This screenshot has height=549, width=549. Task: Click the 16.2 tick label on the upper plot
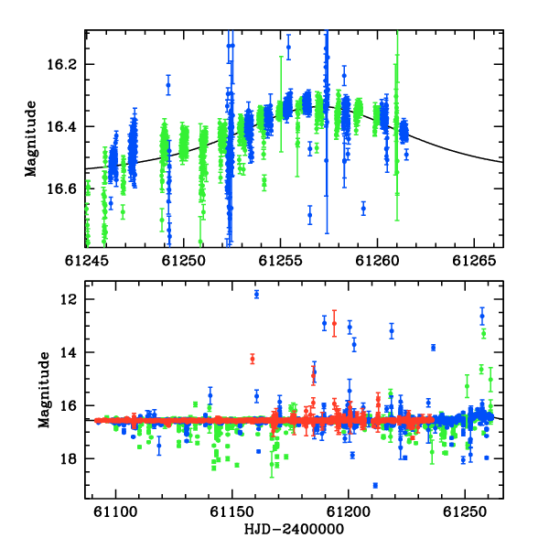[x=61, y=65]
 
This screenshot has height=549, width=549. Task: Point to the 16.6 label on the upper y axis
[x=61, y=189]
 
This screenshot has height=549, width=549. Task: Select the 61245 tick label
[x=87, y=261]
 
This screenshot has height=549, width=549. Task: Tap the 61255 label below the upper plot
[x=280, y=261]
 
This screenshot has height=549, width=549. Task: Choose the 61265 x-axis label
[x=474, y=261]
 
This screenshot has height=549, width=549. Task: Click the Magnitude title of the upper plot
[x=31, y=139]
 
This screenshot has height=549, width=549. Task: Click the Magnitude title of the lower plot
[x=44, y=390]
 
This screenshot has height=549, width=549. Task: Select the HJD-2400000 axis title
[x=294, y=529]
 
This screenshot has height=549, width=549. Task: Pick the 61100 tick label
[x=115, y=512]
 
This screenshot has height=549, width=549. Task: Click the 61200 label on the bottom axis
[x=349, y=512]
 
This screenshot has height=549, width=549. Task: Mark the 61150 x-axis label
[x=231, y=512]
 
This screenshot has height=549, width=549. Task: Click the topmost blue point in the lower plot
[x=256, y=295]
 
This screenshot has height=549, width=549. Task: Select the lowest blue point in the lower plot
[x=375, y=485]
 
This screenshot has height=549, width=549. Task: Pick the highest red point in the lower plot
[x=334, y=324]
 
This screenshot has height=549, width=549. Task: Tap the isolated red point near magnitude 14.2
[x=253, y=359]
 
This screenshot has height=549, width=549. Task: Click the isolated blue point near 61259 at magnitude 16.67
[x=363, y=209]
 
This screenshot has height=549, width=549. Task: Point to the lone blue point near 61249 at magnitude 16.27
[x=168, y=85]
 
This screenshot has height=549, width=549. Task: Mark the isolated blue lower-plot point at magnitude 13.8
[x=434, y=348]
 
